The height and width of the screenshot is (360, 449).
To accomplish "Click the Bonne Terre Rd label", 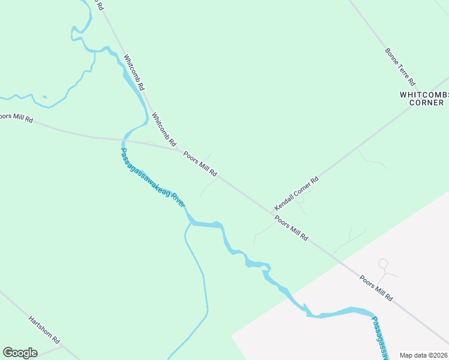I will (x=401, y=65).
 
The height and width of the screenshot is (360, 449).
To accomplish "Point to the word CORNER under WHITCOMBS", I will (x=426, y=103).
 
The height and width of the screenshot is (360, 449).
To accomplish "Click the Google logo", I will (x=20, y=353).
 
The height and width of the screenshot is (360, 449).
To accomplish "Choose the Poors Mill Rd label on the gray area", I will (x=376, y=289).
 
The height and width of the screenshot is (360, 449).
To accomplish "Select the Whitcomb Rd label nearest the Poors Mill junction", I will (x=164, y=130).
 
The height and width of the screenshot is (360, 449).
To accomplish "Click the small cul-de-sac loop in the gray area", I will (x=383, y=263).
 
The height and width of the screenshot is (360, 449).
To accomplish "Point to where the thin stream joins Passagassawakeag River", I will (x=190, y=224).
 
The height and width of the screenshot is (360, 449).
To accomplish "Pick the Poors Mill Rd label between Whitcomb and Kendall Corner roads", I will (x=200, y=164).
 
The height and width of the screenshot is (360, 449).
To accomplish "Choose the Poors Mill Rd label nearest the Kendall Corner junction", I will (x=292, y=229).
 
